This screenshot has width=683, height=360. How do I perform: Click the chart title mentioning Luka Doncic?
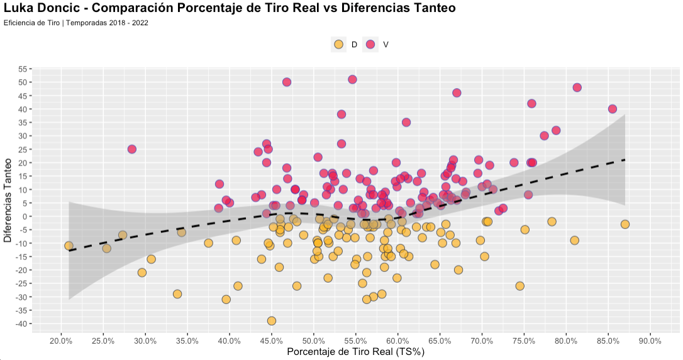[230, 8]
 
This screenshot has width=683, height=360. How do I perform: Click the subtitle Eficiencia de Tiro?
[75, 23]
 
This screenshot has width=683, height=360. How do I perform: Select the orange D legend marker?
[338, 44]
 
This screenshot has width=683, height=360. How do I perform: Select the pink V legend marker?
[370, 44]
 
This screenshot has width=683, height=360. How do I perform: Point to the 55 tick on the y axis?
[23, 69]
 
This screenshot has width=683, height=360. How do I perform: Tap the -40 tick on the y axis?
[21, 323]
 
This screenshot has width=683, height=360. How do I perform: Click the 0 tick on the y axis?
[25, 217]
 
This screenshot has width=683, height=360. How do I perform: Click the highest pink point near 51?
[352, 79]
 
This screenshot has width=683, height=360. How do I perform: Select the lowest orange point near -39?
[272, 321]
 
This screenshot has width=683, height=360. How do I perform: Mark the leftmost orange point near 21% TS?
[69, 246]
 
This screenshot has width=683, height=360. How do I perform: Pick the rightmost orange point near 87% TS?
[625, 224]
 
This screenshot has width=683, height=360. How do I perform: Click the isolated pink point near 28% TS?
[132, 149]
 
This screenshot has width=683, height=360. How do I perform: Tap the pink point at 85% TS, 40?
[613, 109]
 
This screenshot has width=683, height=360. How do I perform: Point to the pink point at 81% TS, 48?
[577, 87]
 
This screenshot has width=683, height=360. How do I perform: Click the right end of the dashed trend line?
[625, 160]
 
